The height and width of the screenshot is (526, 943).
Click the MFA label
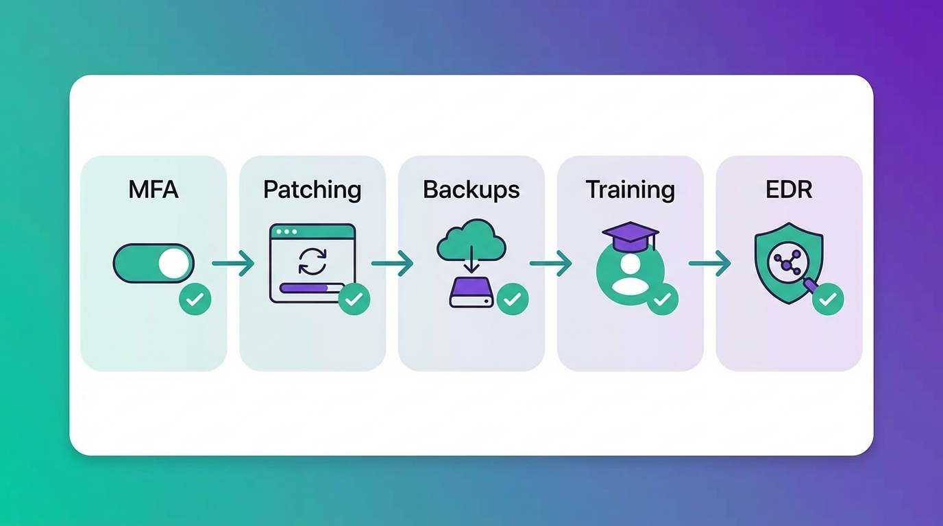[154, 190]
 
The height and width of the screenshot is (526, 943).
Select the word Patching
[313, 190]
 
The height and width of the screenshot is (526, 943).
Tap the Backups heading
[472, 190]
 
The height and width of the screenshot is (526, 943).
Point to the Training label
[630, 190]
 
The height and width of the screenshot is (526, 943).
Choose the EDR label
[789, 190]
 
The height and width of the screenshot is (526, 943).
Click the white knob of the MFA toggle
[172, 263]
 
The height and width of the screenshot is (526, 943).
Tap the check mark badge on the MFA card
[195, 299]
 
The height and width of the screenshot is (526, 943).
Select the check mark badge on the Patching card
[354, 299]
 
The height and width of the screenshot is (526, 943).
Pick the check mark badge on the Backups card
[513, 299]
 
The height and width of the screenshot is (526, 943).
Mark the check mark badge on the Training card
[662, 299]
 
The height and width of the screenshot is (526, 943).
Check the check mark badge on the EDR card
[828, 299]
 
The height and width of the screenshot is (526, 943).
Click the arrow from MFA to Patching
[233, 263]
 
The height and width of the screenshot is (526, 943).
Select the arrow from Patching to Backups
[392, 263]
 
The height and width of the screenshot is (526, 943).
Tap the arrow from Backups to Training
[551, 263]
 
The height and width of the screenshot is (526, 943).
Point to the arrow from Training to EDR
[710, 263]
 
